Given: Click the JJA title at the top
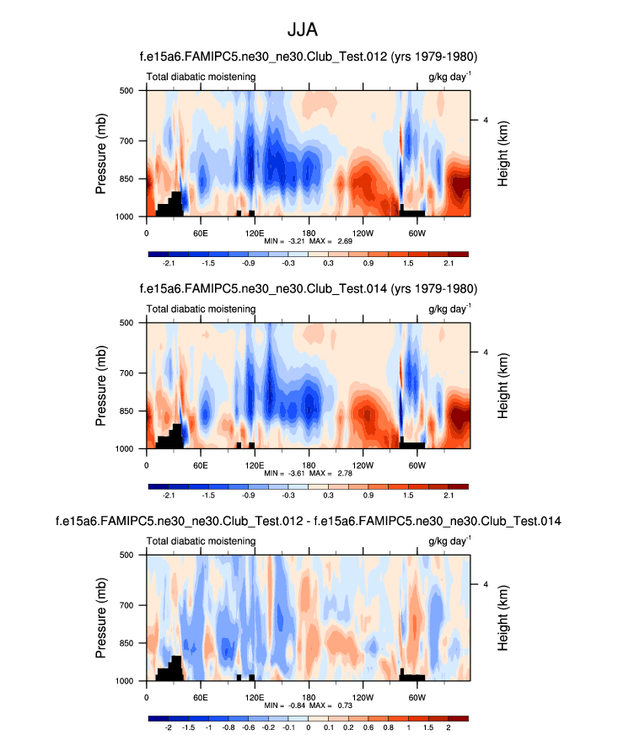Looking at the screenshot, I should coord(309,30).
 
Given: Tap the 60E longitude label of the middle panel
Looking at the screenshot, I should coord(201,464).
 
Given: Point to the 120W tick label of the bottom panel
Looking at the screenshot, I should coord(363,697).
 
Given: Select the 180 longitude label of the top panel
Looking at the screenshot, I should coord(309,232).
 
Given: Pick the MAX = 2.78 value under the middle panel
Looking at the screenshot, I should coord(335,474).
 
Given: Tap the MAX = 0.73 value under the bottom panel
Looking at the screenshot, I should coord(335,705).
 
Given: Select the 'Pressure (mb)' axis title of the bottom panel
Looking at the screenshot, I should coord(100,617).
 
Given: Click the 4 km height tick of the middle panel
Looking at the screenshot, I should coord(486,351).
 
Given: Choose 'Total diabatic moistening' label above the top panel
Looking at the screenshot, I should coord(202,77).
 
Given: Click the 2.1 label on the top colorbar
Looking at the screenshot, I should coord(448,263).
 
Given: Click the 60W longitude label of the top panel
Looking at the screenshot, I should coord(416,232).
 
